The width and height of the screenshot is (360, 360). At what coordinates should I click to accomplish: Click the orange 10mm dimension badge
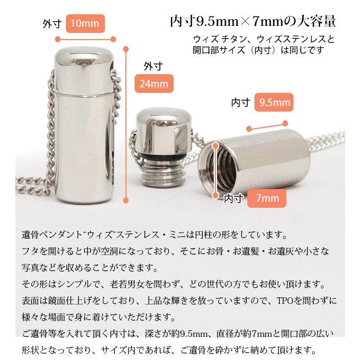pyautogui.click(x=85, y=24)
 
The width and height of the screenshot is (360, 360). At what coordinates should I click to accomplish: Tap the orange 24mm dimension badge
pyautogui.click(x=154, y=84)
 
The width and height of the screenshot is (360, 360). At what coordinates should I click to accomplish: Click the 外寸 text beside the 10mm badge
pyautogui.click(x=52, y=24)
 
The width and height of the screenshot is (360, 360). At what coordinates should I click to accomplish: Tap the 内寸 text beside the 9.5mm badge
pyautogui.click(x=241, y=103)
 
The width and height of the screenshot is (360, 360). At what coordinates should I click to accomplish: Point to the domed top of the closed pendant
pyautogui.click(x=85, y=55)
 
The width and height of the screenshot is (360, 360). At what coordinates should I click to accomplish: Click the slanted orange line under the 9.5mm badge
pyautogui.click(x=269, y=125)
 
